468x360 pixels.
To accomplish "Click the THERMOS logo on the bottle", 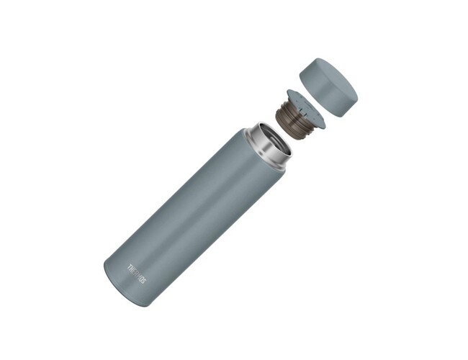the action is click(138, 274).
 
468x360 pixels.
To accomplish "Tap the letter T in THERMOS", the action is click(130, 266).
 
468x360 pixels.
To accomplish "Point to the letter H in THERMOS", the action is click(132, 269).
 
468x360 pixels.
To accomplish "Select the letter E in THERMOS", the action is click(135, 271).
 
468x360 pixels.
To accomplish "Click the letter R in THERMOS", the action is click(136, 274).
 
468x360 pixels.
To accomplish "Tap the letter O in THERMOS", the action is click(141, 279).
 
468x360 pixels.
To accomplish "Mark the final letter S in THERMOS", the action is click(144, 282).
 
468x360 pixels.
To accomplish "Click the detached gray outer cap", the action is click(328, 87).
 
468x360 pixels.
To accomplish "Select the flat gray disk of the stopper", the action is click(307, 108).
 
